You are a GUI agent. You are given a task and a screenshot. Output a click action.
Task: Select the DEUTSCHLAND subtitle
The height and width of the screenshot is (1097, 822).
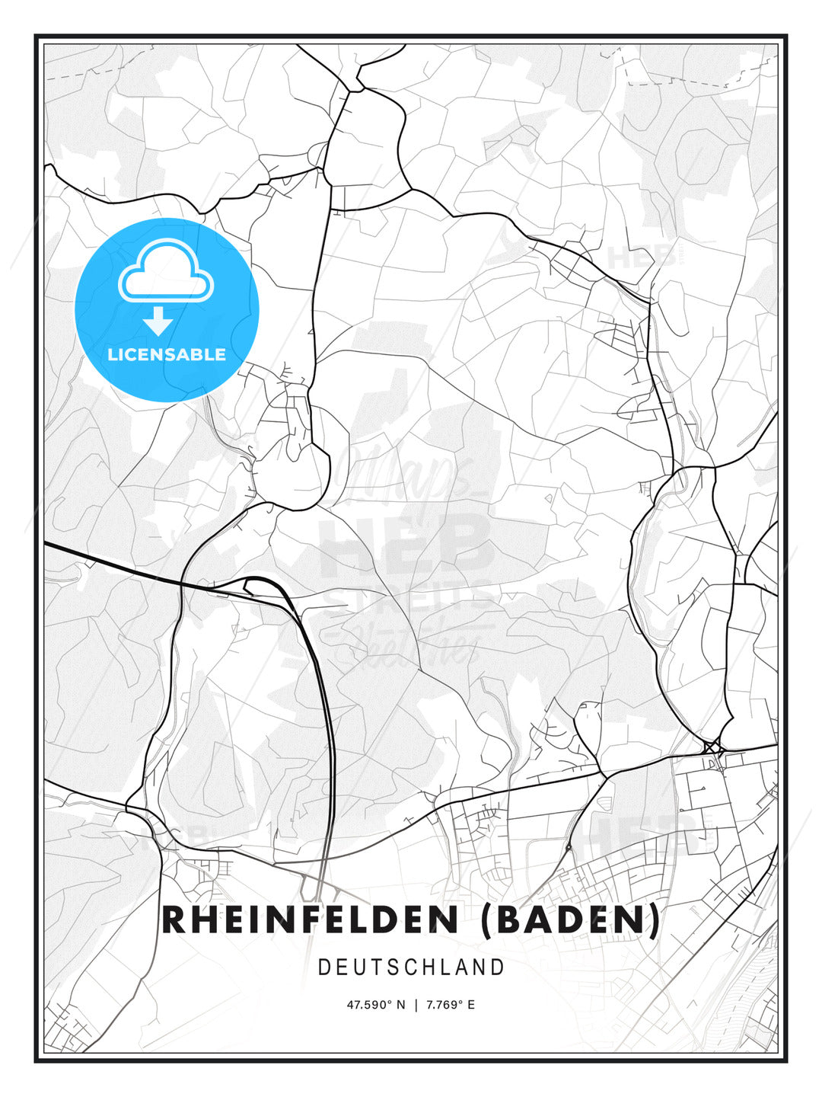411,967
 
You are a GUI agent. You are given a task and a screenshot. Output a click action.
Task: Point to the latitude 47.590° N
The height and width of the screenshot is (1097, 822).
377,1005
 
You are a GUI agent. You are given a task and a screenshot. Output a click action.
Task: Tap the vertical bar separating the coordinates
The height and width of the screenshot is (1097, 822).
416,1005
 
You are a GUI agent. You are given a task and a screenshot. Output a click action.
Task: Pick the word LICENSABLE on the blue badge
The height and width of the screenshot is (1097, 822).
167,354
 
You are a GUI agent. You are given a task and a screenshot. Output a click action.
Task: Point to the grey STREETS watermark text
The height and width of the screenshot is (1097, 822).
407,598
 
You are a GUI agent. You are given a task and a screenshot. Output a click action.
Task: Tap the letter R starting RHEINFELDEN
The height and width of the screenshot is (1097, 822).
174,919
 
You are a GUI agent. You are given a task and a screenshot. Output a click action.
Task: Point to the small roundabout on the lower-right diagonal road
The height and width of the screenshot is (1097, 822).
569,846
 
